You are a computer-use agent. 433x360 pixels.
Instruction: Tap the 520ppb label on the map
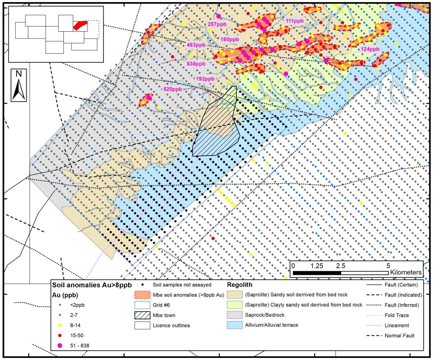click(173, 89)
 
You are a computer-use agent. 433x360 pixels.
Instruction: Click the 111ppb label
click(295, 21)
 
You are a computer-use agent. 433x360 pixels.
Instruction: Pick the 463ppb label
click(196, 44)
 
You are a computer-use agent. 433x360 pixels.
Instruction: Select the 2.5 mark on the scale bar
click(340, 266)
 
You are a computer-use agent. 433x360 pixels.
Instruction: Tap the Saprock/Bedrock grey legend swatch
click(237, 315)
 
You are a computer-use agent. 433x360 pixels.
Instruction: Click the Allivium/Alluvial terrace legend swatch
click(237, 325)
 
